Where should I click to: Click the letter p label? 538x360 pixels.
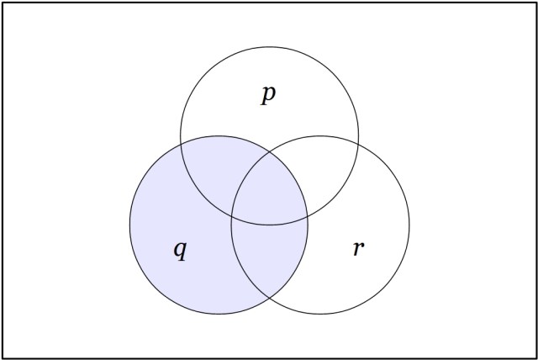(269, 95)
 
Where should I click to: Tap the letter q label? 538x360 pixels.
(181, 250)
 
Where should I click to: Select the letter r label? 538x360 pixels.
(359, 248)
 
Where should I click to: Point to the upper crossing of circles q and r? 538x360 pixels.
(270, 152)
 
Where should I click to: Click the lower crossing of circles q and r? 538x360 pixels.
(270, 298)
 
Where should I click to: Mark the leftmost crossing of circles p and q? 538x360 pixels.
(181, 144)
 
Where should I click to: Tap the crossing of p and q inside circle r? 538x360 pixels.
(307, 216)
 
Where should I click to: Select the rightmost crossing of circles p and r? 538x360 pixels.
(359, 144)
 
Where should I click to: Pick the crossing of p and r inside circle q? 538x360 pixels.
(232, 216)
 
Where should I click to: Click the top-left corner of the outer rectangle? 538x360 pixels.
(3, 3)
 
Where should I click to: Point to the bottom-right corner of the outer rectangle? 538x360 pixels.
(535, 358)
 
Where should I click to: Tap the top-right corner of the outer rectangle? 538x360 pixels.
(535, 3)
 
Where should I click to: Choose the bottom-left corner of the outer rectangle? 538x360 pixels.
(3, 358)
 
